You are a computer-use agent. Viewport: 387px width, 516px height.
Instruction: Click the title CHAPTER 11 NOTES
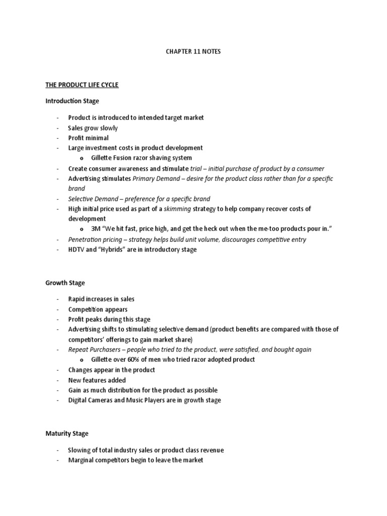pos(193,51)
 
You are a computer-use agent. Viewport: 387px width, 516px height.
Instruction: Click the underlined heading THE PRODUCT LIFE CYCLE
pos(82,85)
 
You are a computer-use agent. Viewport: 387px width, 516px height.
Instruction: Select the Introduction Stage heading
pos(72,101)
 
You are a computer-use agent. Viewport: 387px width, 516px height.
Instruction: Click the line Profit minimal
pos(89,138)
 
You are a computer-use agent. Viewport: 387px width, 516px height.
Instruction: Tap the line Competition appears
pos(98,309)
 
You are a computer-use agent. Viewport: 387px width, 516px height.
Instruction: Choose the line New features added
pos(97,380)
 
